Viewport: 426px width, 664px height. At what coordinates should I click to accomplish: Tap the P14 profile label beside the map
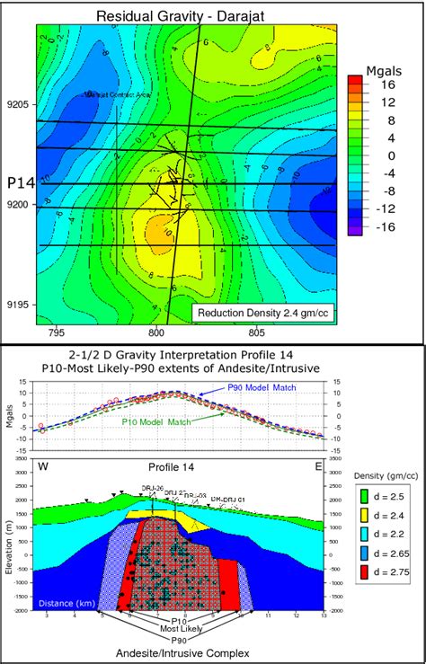pos(20,182)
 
